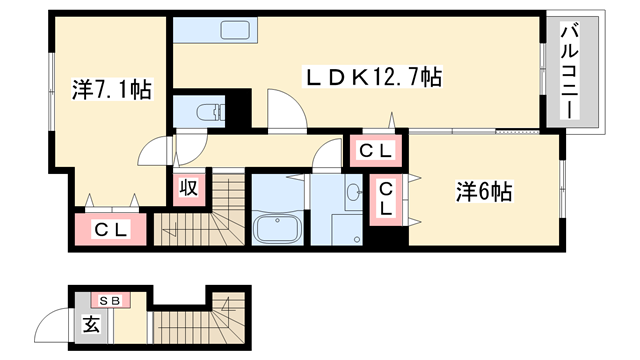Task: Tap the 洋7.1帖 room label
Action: (x=111, y=90)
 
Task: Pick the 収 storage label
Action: (x=187, y=187)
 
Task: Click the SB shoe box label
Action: (x=107, y=299)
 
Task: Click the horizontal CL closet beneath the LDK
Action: (x=376, y=151)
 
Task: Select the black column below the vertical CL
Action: (x=388, y=239)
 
